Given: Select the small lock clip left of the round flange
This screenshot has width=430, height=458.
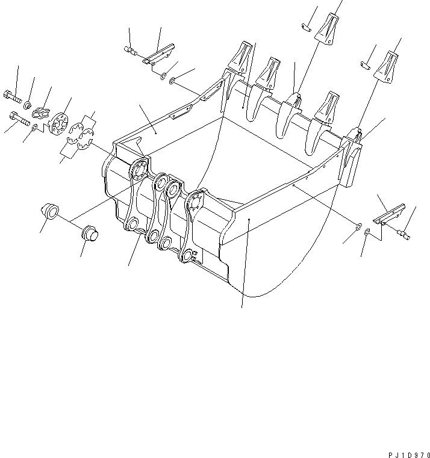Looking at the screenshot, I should (42, 110).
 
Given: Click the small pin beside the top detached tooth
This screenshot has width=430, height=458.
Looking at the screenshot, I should (305, 26).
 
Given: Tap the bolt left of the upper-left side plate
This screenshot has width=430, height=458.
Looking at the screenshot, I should (129, 51).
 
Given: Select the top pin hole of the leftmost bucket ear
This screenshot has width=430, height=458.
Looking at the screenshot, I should (140, 169).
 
